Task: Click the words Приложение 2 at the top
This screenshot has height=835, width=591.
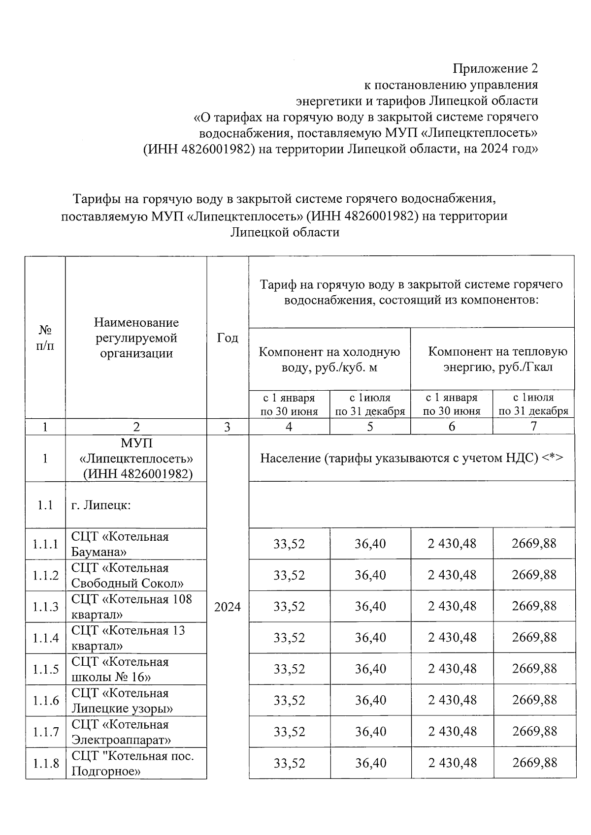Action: (x=495, y=68)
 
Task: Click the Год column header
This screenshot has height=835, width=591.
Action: (x=228, y=338)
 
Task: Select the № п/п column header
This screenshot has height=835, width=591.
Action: (x=45, y=338)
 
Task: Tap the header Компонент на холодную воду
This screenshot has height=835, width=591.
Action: (x=329, y=359)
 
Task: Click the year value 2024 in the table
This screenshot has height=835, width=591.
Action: (x=228, y=607)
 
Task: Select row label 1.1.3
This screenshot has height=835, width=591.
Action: (x=45, y=607)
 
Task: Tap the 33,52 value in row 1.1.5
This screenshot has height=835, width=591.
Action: (x=289, y=669)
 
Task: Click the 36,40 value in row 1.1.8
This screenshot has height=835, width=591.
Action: (x=370, y=763)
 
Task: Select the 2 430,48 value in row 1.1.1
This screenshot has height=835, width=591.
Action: (x=452, y=544)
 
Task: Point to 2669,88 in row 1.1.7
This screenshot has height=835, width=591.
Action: (x=534, y=732)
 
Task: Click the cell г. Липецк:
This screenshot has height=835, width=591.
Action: (x=101, y=505)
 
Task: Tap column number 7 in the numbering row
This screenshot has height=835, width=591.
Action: (x=533, y=427)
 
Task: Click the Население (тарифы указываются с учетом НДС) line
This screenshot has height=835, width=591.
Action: (x=411, y=458)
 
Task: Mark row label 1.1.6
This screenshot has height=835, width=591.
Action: (x=45, y=701)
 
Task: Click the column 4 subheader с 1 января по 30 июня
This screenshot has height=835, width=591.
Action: (x=289, y=404)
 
